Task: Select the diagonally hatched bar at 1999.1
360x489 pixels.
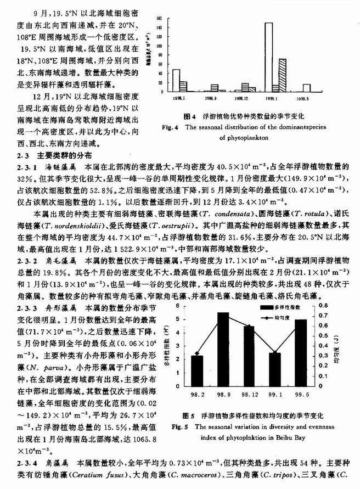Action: click(283, 75)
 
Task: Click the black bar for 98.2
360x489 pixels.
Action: click(197, 370)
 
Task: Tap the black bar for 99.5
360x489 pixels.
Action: click(300, 351)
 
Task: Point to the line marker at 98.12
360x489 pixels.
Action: click(249, 328)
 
